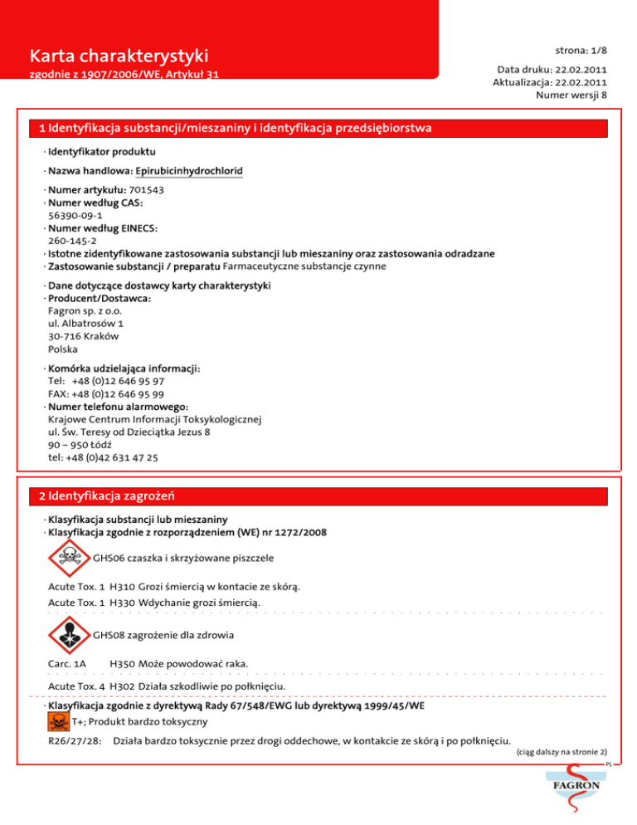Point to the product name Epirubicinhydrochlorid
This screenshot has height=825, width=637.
click(x=189, y=170)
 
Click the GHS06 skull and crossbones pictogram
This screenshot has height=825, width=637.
click(x=71, y=558)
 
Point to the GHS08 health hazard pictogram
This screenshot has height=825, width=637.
click(x=71, y=637)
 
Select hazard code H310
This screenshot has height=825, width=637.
click(x=122, y=587)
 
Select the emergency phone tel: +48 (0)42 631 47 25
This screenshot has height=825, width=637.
click(x=104, y=456)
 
